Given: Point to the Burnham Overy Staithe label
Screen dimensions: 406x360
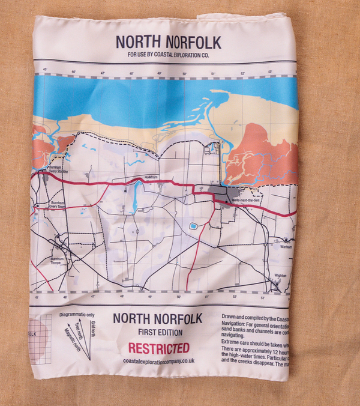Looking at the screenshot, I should [55, 171].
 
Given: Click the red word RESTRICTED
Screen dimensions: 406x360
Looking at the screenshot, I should [158, 348].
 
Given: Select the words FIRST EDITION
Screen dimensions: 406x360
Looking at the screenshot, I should [158, 332].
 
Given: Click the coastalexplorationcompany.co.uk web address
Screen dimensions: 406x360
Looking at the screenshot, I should [158, 361].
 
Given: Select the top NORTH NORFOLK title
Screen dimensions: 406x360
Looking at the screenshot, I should [168, 43].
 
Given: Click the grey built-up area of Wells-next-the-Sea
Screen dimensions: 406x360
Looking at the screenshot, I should [221, 193].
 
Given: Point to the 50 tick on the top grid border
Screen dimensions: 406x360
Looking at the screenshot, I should [185, 73].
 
